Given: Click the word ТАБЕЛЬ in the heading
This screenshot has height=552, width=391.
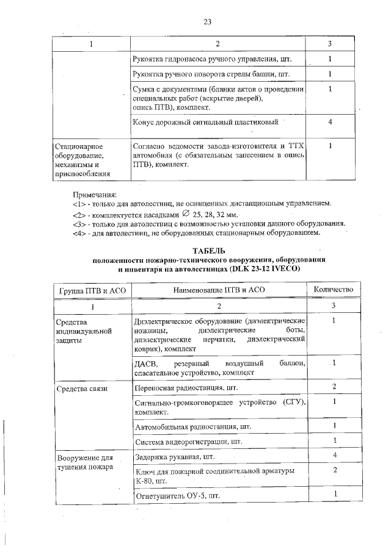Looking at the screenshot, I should point(209,251).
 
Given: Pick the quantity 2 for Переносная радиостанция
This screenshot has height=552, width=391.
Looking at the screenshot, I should point(334,387).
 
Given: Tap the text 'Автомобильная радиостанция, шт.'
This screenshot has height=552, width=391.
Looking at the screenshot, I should point(192,426).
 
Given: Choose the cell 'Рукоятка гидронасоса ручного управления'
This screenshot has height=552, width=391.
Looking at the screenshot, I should point(211,60).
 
